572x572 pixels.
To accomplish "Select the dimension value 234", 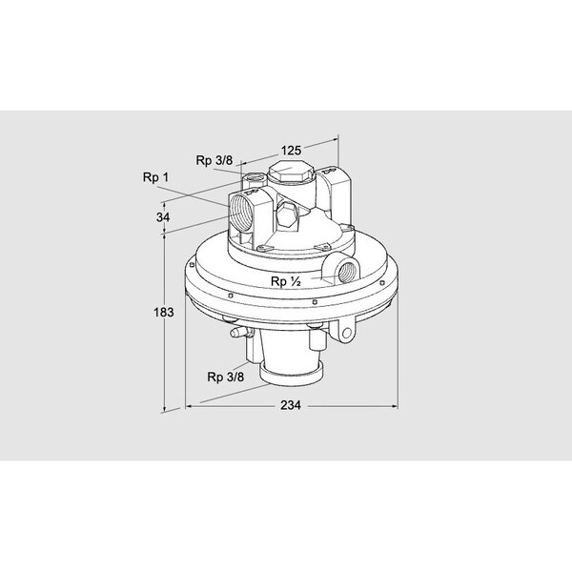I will (x=291, y=405).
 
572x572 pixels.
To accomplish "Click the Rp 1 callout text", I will (x=155, y=176).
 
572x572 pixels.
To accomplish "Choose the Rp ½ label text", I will (x=285, y=282).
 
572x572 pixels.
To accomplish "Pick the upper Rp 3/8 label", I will (x=214, y=159).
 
